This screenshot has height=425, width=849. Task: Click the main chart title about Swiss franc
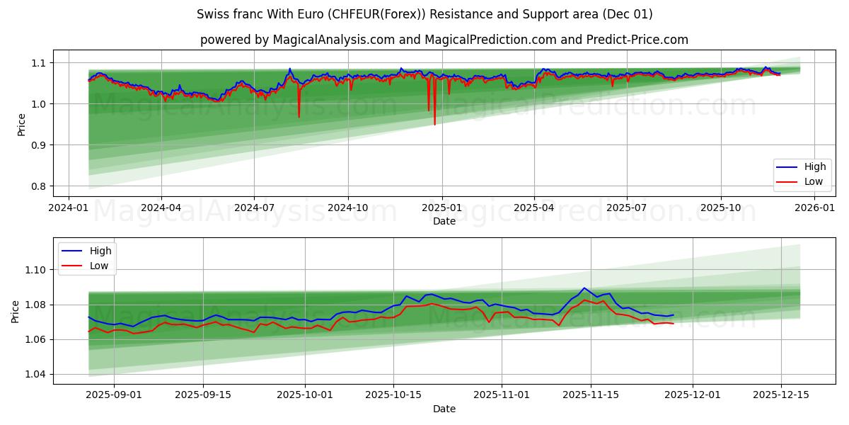[424, 14]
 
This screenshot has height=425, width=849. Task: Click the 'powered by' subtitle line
[444, 40]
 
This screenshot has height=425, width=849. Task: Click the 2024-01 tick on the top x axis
[68, 208]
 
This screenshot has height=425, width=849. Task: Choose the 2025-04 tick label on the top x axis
[533, 208]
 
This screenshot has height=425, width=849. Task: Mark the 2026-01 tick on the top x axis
[814, 208]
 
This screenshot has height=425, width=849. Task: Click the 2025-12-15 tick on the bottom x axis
[781, 395]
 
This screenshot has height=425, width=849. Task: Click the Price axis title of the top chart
[21, 124]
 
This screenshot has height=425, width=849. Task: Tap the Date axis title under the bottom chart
[444, 409]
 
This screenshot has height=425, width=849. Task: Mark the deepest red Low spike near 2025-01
[434, 124]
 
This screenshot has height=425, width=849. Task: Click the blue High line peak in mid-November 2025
[584, 288]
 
